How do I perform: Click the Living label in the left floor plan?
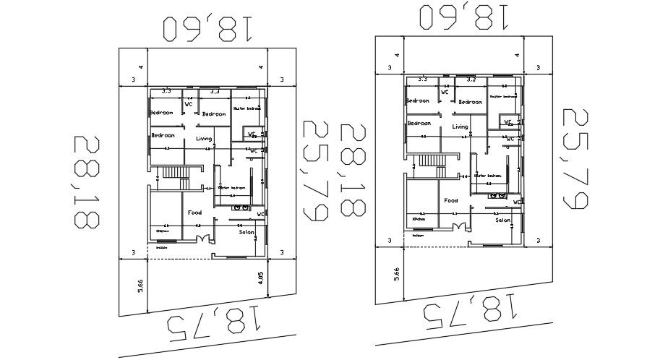(204, 138)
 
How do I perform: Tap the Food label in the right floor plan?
(451, 200)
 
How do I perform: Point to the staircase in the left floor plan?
(173, 174)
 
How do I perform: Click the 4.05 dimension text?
(260, 278)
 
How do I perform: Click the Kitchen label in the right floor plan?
(418, 218)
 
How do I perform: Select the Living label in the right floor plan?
(460, 127)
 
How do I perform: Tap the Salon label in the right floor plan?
(503, 220)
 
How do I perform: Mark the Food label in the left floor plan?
(194, 213)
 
